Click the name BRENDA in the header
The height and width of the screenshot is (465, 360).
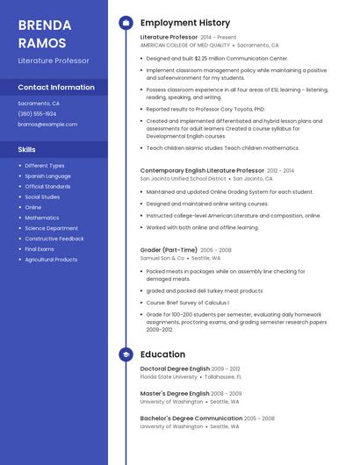point(44,25)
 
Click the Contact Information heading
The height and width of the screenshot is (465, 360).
point(56,88)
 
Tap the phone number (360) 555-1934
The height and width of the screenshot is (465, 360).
point(37,114)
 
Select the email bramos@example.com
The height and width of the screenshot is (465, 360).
point(47,125)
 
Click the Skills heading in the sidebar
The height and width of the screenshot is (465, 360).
point(27,150)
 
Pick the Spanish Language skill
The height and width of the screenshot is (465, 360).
point(48,176)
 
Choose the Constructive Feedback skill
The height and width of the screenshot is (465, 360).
point(54,239)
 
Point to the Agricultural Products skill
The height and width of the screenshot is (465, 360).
point(51,260)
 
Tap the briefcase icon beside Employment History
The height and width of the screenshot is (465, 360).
point(126,23)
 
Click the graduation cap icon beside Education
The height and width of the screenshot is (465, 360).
point(126,354)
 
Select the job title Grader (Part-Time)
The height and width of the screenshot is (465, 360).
point(168,249)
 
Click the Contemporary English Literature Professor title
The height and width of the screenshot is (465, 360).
point(202,170)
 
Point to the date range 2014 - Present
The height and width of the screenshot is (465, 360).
point(219,38)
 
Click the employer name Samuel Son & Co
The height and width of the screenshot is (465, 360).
point(162,258)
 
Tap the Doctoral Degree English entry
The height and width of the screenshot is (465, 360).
point(175,368)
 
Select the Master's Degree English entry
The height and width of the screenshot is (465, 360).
point(175,394)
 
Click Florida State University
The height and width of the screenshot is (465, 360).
point(169,376)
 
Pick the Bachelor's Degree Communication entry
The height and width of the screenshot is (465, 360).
point(191,418)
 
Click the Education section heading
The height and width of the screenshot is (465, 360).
point(162,354)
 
